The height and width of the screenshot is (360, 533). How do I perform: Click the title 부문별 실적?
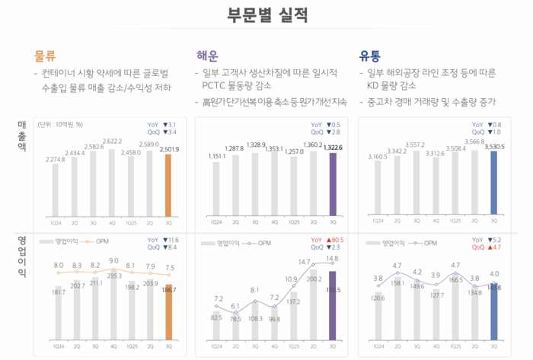266,15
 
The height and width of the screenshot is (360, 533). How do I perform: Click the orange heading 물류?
45,56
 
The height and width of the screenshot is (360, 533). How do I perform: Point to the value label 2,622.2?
112,142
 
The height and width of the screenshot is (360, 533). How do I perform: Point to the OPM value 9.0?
113,261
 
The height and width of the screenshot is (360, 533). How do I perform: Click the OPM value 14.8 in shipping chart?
332,259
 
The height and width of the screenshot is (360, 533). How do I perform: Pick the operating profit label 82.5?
216,317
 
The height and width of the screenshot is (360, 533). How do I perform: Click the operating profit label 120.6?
378,298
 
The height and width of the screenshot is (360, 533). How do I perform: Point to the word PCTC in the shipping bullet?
215,86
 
